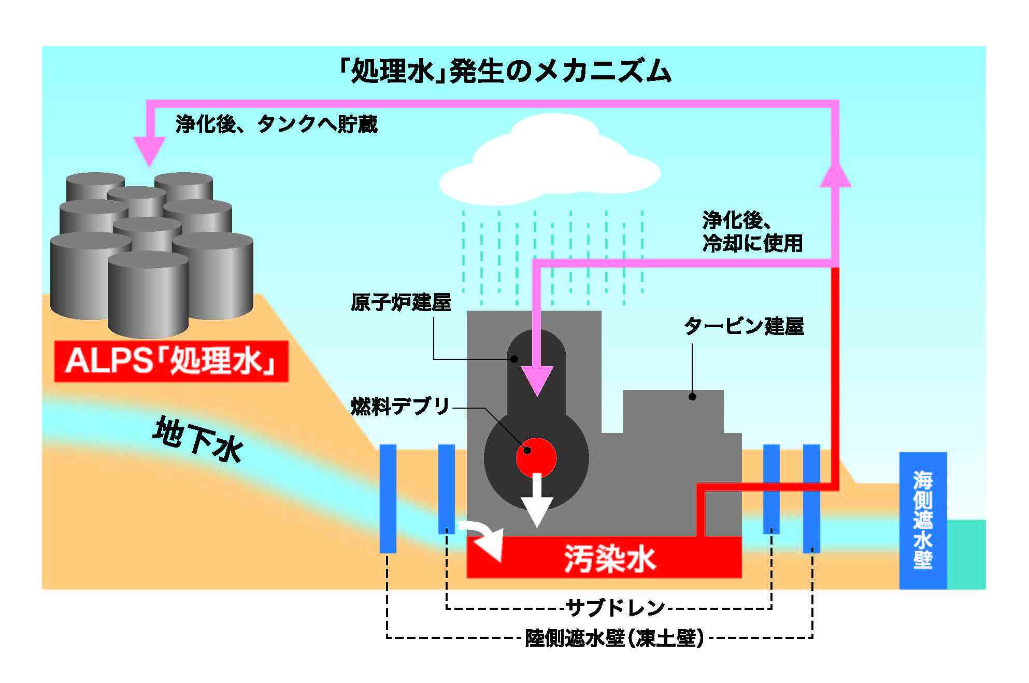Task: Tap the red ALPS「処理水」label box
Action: pos(171,361)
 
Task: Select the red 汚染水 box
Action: pos(604,558)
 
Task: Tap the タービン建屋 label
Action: pos(744,326)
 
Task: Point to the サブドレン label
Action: pos(614,607)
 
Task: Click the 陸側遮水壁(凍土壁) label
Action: pos(614,638)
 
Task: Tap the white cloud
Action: pos(549,161)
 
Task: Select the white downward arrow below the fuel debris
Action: pos(537,502)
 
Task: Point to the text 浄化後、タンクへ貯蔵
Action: pos(277,124)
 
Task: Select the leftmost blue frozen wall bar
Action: pos(388,498)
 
